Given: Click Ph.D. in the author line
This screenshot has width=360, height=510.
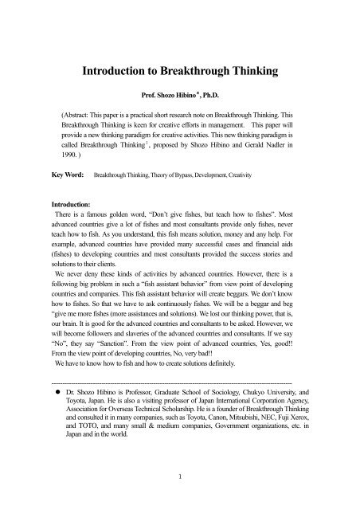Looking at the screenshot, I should click(x=214, y=104).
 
